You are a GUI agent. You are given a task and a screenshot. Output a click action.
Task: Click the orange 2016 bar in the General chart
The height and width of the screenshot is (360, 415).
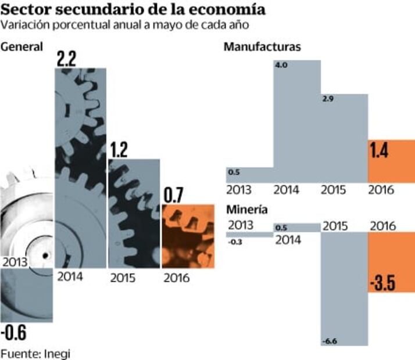(x=188, y=235)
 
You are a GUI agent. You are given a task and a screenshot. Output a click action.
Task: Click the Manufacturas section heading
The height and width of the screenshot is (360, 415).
(x=262, y=48)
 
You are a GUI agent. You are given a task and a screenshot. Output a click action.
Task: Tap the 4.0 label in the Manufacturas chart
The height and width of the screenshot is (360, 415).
(x=281, y=66)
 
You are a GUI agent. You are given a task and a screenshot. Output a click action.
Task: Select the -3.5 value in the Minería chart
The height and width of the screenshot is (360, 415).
(x=382, y=284)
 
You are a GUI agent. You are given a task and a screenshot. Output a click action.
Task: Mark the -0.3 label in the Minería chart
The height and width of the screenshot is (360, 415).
(x=235, y=242)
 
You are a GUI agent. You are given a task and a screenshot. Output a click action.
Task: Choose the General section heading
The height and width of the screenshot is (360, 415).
(x=22, y=48)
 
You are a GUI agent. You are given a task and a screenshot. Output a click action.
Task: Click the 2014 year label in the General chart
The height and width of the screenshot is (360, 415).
(x=70, y=276)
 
